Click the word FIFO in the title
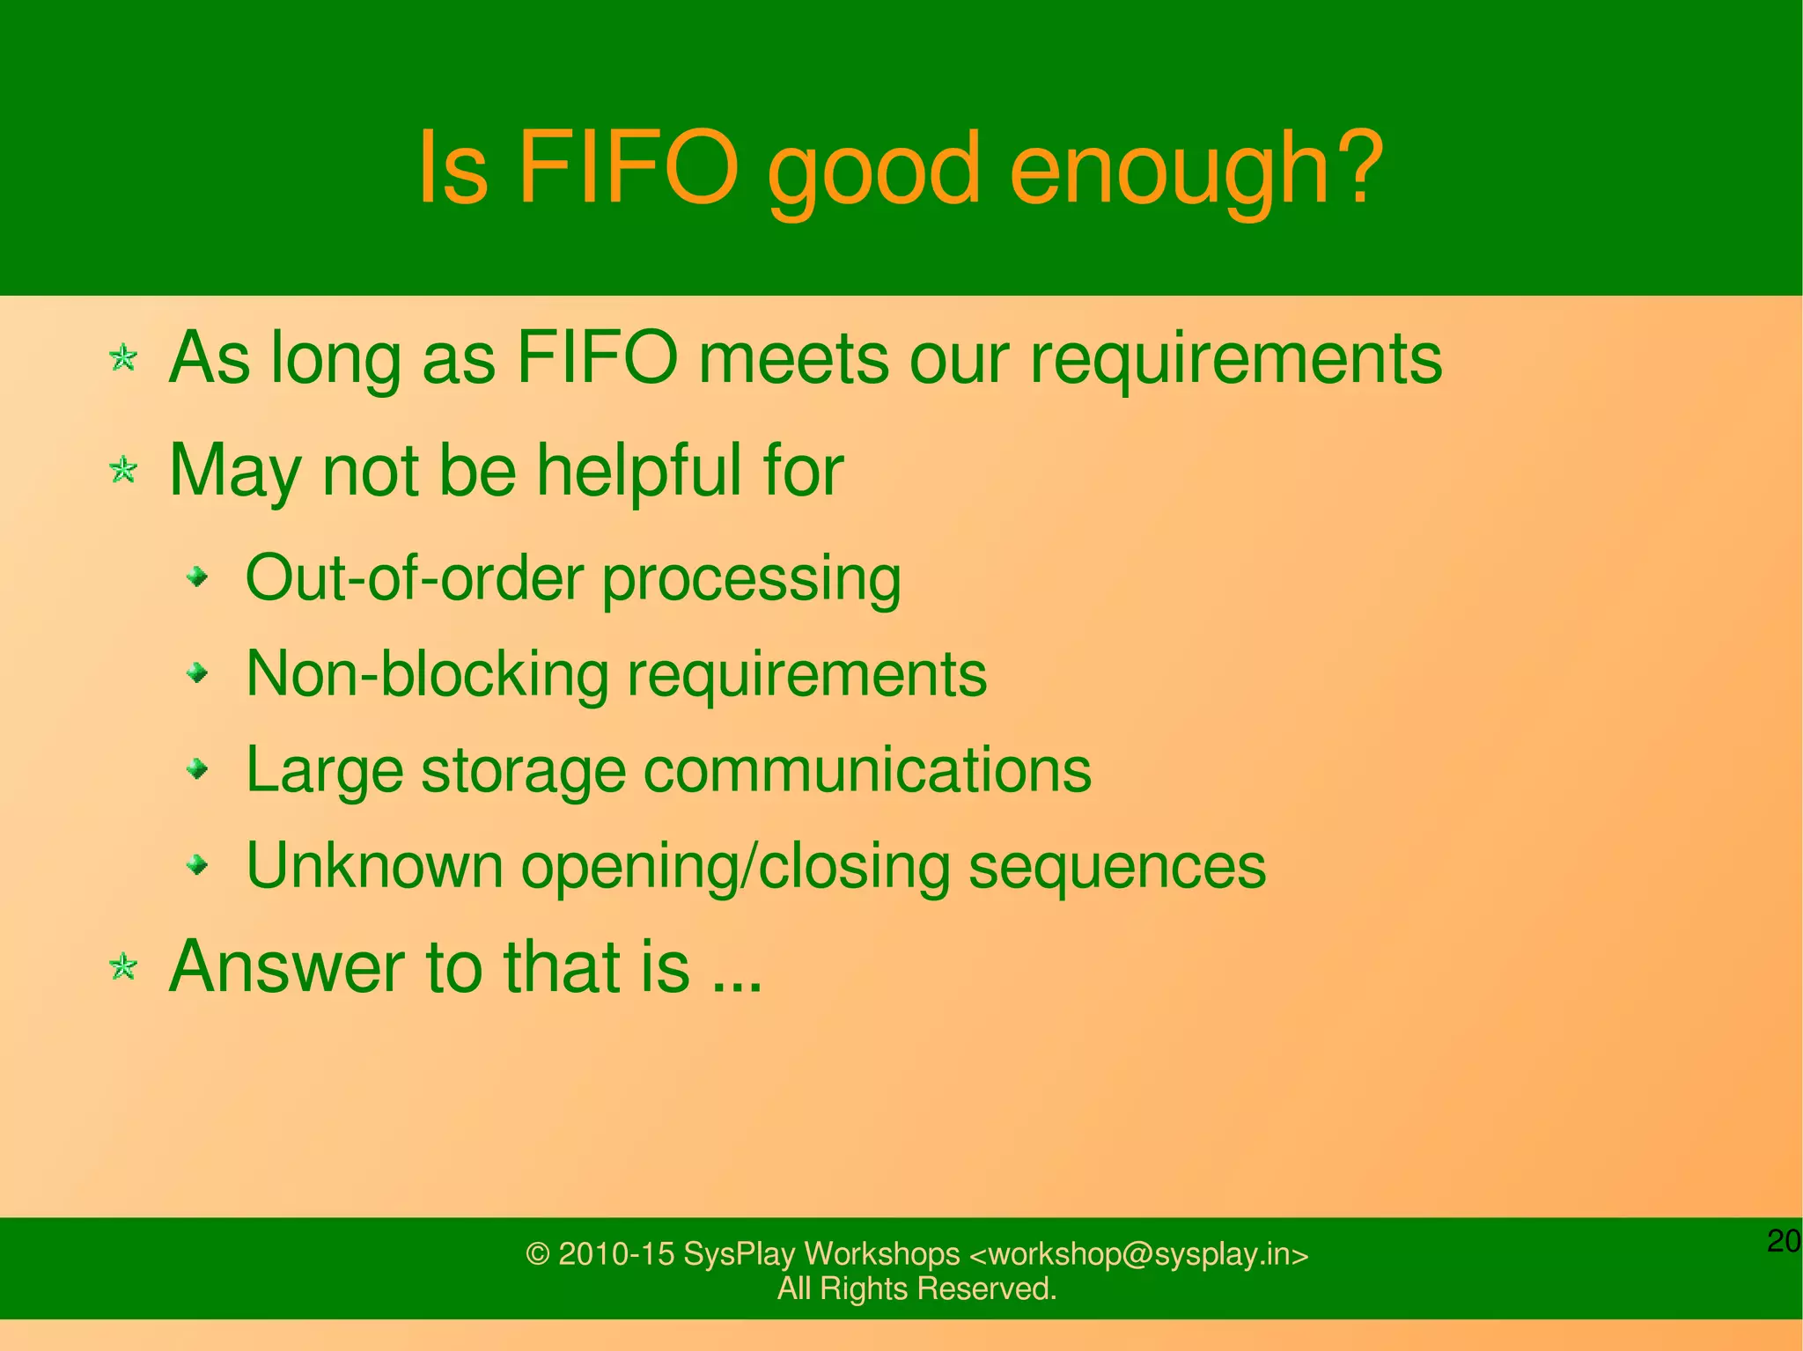pyautogui.click(x=629, y=167)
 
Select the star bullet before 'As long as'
pyautogui.click(x=123, y=358)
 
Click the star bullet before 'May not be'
pyautogui.click(x=123, y=470)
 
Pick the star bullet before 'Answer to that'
pyautogui.click(x=123, y=967)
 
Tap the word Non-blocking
pyautogui.click(x=427, y=674)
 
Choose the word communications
pyautogui.click(x=867, y=770)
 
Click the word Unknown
pyautogui.click(x=374, y=866)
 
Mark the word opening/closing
pyautogui.click(x=735, y=869)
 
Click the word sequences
pyautogui.click(x=1116, y=869)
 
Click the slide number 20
pyautogui.click(x=1784, y=1241)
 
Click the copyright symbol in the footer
pyautogui.click(x=537, y=1253)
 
